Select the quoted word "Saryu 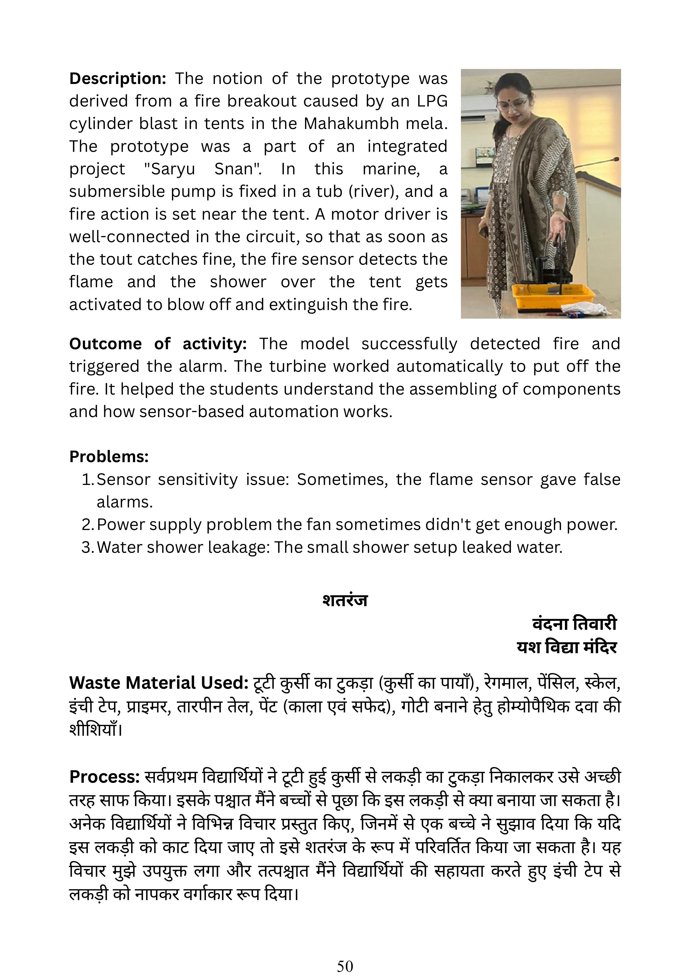[x=169, y=169]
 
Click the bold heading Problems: [x=109, y=457]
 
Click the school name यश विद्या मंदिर [x=566, y=647]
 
